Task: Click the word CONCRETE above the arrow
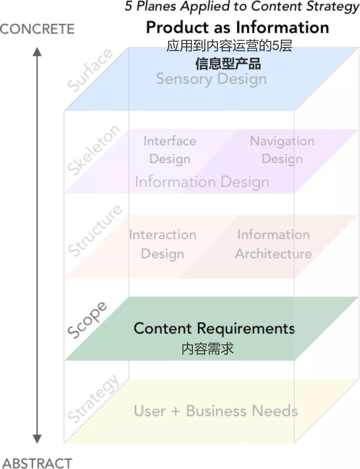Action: tap(37, 29)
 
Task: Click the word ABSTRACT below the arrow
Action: tap(37, 463)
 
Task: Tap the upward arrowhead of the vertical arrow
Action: tap(37, 52)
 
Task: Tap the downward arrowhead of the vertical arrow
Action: tap(37, 438)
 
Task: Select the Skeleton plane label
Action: tap(93, 150)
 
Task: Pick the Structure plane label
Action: tap(95, 230)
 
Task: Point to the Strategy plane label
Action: tap(93, 398)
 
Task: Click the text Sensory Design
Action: tap(211, 79)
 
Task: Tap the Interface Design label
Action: tap(170, 150)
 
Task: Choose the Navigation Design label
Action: tap(282, 150)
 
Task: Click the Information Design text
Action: tap(202, 182)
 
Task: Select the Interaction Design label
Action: tap(163, 244)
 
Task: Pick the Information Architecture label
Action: tap(273, 244)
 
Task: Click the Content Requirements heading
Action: tap(214, 328)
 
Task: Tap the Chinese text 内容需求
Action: tap(207, 349)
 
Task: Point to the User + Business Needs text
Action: tap(216, 411)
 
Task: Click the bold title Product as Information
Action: tap(237, 27)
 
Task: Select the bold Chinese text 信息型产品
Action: tap(228, 64)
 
